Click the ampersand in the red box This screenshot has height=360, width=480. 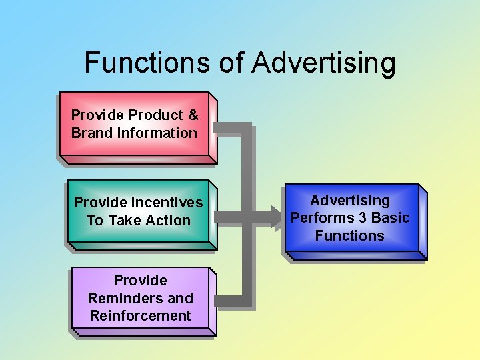[193, 115]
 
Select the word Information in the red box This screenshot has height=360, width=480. [157, 133]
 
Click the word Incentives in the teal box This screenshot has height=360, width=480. [167, 202]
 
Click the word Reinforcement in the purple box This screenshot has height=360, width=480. [140, 315]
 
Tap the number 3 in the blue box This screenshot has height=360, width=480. [364, 218]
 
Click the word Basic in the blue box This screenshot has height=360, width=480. [391, 218]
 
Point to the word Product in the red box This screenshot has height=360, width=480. [154, 115]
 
